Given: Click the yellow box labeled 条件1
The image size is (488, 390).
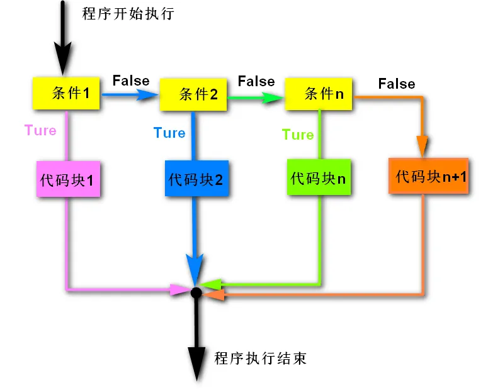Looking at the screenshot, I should pos(67,94).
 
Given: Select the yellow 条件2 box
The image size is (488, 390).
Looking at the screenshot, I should pos(193,95).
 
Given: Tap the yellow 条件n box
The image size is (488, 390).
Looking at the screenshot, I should pos(319,94).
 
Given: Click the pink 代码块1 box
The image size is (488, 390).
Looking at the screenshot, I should pos(67,179).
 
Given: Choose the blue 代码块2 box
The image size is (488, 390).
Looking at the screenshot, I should pos(196,179).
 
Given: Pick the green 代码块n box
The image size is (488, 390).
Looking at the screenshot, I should pos(319,177).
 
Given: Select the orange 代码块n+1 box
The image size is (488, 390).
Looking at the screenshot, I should pos(429,176).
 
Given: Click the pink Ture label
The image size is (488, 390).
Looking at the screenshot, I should pos(40,131).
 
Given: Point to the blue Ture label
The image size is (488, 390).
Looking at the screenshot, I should pos(169,133).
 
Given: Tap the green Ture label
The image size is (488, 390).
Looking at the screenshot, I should pos(297,135).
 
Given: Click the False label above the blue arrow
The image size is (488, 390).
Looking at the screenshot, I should pos(131,81).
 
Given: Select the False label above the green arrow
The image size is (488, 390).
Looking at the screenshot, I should pos(256,82).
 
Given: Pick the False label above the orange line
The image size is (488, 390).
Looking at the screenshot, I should pos(397,84).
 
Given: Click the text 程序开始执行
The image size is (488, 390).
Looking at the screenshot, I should pos(128,14).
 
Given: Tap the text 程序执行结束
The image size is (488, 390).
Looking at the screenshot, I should pos(260,359).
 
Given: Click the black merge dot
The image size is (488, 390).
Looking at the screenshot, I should pos(196,292).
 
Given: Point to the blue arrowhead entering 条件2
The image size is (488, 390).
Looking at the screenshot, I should pos(149,95).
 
